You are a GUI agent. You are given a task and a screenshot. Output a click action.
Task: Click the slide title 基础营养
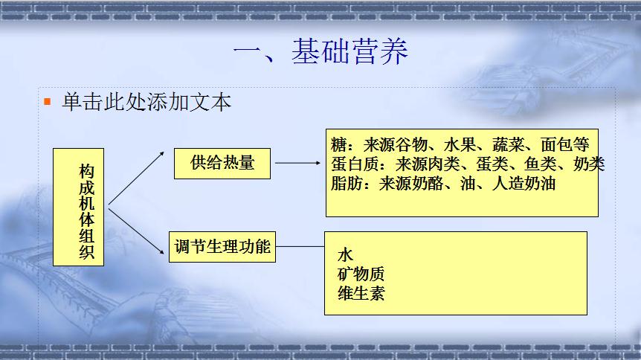tap(350, 51)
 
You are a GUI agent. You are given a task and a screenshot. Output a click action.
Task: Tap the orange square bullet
tap(48, 101)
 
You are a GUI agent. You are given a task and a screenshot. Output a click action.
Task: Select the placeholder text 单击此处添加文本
tap(146, 102)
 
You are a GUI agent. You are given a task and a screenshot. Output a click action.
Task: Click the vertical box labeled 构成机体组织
tap(79, 207)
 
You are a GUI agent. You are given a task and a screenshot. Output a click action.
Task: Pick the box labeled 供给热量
tap(222, 163)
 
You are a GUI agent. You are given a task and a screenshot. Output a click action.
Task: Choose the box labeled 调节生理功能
tap(222, 247)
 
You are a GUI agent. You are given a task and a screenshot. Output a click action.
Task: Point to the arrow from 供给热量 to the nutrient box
tap(297, 163)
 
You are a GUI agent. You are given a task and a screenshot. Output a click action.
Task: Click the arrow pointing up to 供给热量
tap(136, 178)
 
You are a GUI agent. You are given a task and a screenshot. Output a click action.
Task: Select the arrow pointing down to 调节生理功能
tap(136, 231)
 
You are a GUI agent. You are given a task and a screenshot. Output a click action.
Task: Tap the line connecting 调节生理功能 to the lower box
tap(300, 247)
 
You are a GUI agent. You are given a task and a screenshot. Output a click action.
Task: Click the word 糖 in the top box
tap(339, 144)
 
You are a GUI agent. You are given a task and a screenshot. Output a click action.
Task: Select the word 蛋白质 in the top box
tap(355, 164)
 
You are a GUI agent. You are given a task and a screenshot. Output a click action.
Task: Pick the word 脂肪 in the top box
tap(347, 183)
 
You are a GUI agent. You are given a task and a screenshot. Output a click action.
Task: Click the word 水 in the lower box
tap(346, 255)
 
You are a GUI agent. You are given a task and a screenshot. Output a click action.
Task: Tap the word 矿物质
tap(361, 274)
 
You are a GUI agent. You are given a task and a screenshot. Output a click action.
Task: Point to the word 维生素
tap(361, 293)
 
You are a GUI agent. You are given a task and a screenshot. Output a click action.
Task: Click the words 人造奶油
tap(524, 183)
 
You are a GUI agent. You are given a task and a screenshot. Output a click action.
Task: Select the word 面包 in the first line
tap(556, 144)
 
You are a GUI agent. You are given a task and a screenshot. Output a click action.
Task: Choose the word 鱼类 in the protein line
tap(540, 164)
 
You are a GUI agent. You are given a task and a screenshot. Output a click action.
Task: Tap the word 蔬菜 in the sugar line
tap(508, 144)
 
